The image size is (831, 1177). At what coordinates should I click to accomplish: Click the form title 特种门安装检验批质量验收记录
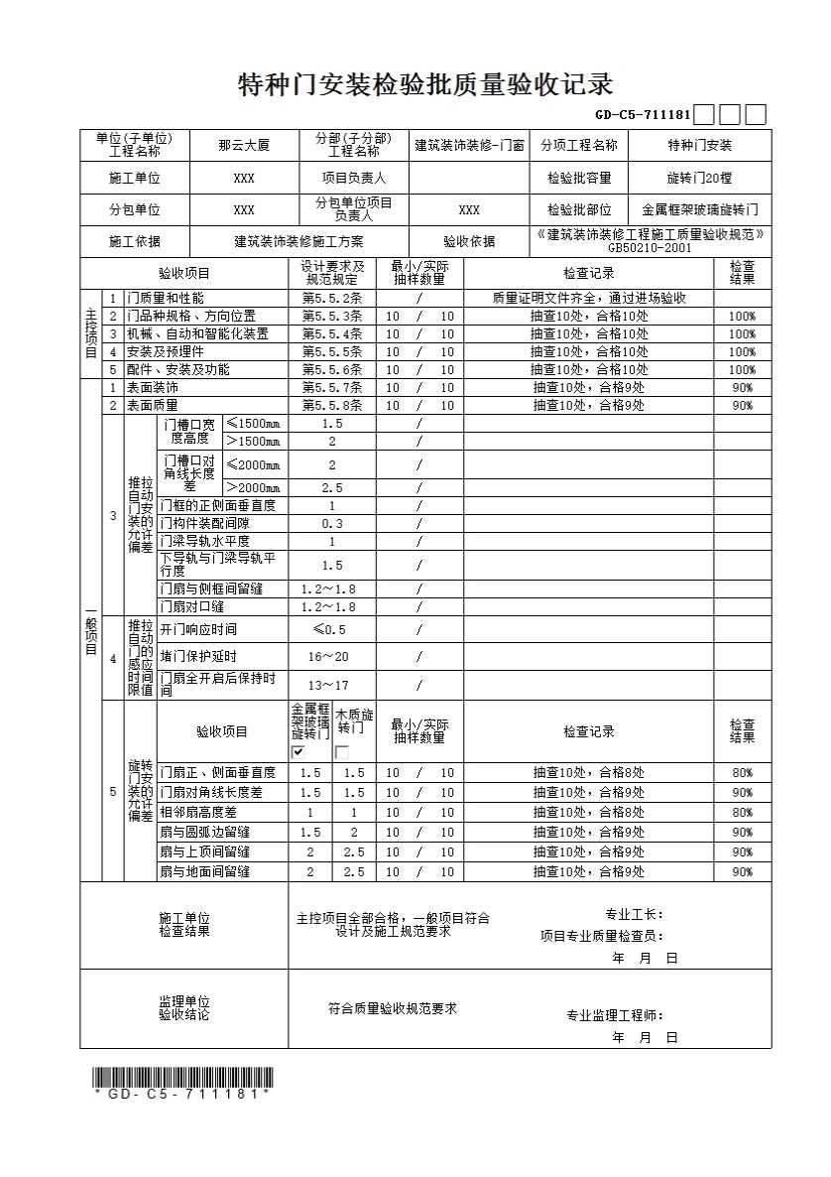425,84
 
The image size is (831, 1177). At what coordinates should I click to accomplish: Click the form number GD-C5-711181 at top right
643,115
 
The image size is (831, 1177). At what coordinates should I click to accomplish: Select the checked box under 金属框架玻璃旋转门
298,752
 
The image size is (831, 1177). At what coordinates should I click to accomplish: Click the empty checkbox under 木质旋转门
342,752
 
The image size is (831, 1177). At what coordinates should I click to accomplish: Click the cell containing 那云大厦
243,145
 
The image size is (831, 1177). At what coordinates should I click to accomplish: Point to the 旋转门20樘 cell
699,179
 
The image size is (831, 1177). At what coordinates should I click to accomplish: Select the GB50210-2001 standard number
651,248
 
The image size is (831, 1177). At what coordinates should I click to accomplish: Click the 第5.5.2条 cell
332,298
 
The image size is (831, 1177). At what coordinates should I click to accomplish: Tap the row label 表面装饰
152,388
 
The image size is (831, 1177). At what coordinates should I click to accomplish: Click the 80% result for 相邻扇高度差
742,812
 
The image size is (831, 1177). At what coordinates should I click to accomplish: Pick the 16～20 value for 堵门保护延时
328,656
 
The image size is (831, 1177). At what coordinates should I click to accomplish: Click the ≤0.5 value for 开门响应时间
329,629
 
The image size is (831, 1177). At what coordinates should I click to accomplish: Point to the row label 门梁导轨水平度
204,541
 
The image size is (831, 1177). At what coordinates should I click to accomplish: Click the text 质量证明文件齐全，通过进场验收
589,298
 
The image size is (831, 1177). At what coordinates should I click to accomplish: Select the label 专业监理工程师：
615,1015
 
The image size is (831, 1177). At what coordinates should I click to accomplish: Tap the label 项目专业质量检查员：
601,935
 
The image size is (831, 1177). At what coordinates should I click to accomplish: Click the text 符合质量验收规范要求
393,1008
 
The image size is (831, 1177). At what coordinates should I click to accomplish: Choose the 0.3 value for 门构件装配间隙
332,523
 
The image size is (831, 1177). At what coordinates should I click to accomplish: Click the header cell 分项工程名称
579,145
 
